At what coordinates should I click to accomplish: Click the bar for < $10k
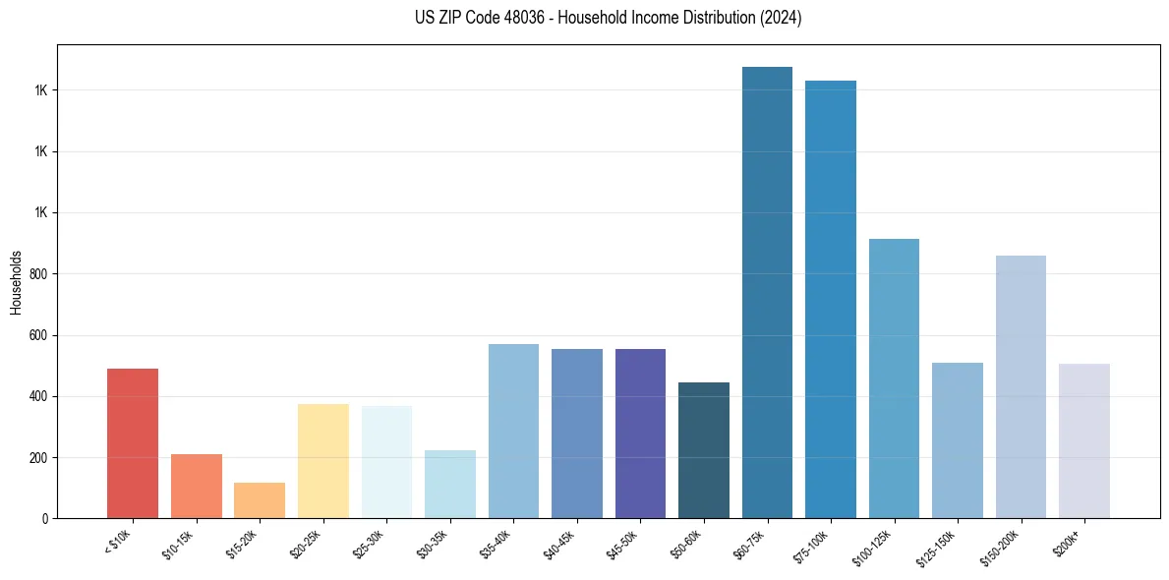[133, 443]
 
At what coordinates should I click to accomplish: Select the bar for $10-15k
[196, 486]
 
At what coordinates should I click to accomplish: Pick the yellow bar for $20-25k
[322, 461]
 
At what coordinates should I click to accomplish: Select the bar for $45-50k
[640, 434]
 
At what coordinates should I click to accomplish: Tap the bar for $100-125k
[894, 378]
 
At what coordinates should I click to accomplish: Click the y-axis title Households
[16, 281]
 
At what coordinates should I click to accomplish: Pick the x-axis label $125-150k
[942, 544]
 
